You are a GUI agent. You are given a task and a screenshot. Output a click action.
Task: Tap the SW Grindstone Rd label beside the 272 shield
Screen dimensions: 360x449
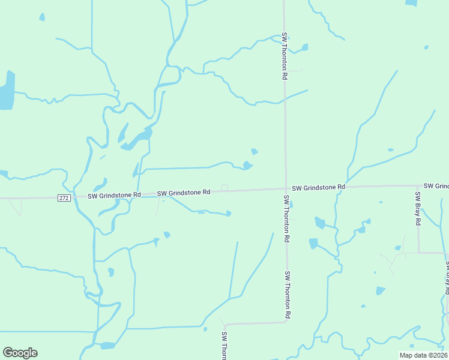(x=114, y=196)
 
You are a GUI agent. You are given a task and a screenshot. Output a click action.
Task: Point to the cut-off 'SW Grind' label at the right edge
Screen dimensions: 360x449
(x=435, y=186)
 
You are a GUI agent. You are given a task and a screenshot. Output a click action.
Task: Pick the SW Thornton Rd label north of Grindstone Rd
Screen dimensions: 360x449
(x=285, y=56)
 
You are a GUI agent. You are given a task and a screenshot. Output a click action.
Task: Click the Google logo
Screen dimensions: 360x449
(x=20, y=353)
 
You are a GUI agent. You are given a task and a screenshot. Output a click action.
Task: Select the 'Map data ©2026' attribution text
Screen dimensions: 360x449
(x=423, y=355)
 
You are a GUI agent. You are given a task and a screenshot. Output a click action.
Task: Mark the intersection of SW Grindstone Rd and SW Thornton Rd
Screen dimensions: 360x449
(x=285, y=188)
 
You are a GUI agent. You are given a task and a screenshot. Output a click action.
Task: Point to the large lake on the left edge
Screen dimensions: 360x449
(x=6, y=91)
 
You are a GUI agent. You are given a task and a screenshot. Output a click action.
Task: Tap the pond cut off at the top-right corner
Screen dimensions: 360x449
(x=411, y=2)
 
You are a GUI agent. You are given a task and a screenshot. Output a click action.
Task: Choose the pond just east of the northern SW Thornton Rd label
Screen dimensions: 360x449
(x=305, y=47)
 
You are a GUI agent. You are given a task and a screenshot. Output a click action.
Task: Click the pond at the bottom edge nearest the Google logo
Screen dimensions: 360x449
(x=107, y=346)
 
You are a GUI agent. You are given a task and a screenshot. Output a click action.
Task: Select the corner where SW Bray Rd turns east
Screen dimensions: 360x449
(x=418, y=253)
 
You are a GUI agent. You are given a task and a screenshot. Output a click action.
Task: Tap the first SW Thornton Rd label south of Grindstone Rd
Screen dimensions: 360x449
(x=287, y=218)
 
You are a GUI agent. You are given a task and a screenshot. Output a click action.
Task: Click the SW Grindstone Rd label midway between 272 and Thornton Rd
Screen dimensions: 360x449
(x=184, y=193)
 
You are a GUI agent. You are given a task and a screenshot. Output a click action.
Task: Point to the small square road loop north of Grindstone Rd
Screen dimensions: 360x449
(x=224, y=187)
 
